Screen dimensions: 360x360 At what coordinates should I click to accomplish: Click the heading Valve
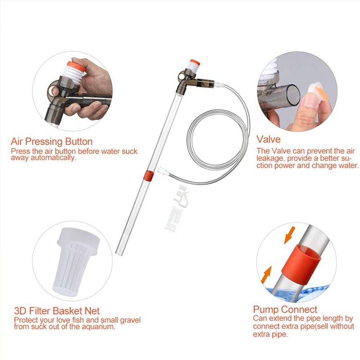(x=269, y=139)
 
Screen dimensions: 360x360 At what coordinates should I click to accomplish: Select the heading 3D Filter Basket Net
(x=57, y=311)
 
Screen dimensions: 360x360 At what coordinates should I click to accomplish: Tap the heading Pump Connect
(x=285, y=310)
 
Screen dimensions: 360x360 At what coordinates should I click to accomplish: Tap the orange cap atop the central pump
(x=194, y=62)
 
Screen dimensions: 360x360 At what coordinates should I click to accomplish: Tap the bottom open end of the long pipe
(x=120, y=252)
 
